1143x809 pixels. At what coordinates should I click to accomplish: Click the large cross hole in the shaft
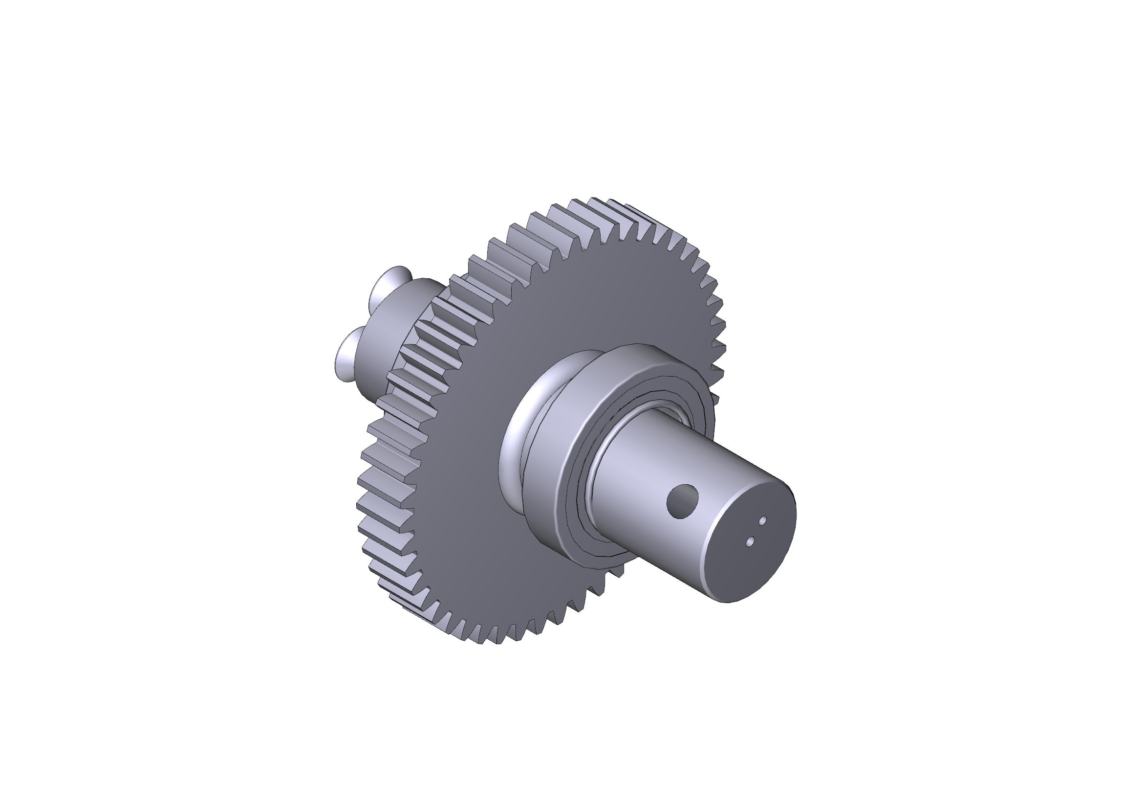pyautogui.click(x=683, y=501)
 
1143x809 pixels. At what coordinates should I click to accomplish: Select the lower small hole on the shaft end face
pyautogui.click(x=751, y=540)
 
